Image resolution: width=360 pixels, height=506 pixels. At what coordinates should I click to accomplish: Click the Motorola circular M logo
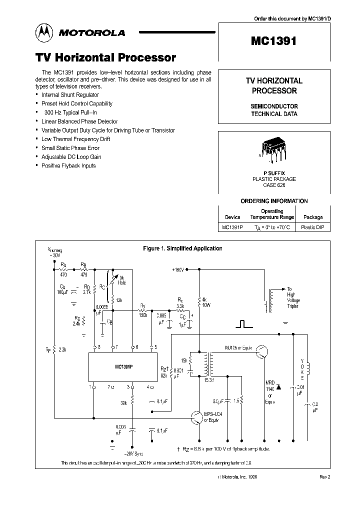(x=43, y=32)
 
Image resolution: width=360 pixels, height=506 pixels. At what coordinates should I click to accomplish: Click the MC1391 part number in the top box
(x=274, y=41)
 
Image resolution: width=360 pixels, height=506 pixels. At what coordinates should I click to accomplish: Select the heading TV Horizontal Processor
(x=105, y=58)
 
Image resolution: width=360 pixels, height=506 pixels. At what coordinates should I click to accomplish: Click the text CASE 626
(x=273, y=185)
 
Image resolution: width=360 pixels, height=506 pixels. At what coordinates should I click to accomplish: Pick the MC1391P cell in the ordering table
(x=232, y=226)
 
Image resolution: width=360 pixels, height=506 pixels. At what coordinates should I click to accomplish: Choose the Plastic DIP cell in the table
(x=313, y=226)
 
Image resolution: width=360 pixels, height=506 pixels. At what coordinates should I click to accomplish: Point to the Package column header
(x=313, y=217)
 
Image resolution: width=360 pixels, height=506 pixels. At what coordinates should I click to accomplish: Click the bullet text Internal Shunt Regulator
(x=70, y=94)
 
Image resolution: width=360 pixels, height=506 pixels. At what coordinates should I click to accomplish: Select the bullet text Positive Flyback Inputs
(x=68, y=165)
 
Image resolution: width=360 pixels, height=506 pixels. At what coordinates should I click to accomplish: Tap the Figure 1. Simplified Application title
(x=182, y=248)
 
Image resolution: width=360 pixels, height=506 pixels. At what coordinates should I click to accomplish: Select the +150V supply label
(x=178, y=269)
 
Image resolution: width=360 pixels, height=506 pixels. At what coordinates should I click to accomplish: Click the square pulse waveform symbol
(x=243, y=324)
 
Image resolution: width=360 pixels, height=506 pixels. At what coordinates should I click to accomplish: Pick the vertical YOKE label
(x=301, y=368)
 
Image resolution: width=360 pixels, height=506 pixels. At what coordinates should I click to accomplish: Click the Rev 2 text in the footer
(x=324, y=477)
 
